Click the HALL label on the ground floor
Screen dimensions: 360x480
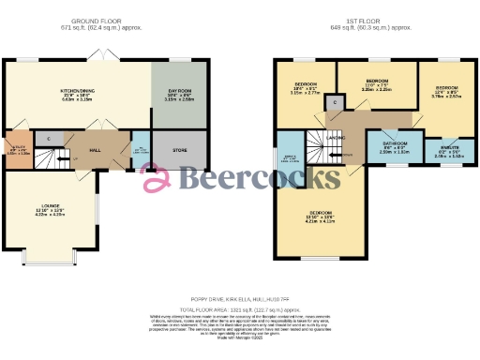[x=95, y=150]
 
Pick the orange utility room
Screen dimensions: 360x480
[x=17, y=150]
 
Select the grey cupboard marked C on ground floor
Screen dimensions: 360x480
[x=49, y=139]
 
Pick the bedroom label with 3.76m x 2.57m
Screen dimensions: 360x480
[x=445, y=92]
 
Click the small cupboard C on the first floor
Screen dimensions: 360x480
[x=335, y=101]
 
